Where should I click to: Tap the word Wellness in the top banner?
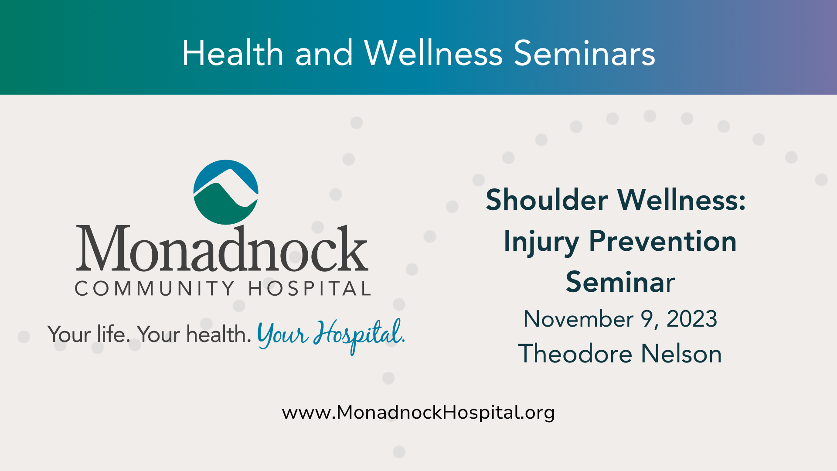point(434,53)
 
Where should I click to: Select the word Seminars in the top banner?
point(585,53)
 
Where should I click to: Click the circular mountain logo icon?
point(226,192)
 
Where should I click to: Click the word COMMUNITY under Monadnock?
point(155,288)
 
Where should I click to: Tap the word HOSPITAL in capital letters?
point(310,288)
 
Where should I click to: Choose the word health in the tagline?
point(218,334)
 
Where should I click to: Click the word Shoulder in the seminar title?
point(547,200)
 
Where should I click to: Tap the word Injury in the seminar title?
point(541,242)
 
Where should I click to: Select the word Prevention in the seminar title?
point(663,241)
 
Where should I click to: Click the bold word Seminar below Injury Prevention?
point(620,282)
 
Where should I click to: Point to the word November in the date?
point(578,319)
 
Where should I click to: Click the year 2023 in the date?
point(692,319)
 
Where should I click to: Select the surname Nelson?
point(681,353)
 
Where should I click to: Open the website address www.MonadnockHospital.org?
point(418,413)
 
